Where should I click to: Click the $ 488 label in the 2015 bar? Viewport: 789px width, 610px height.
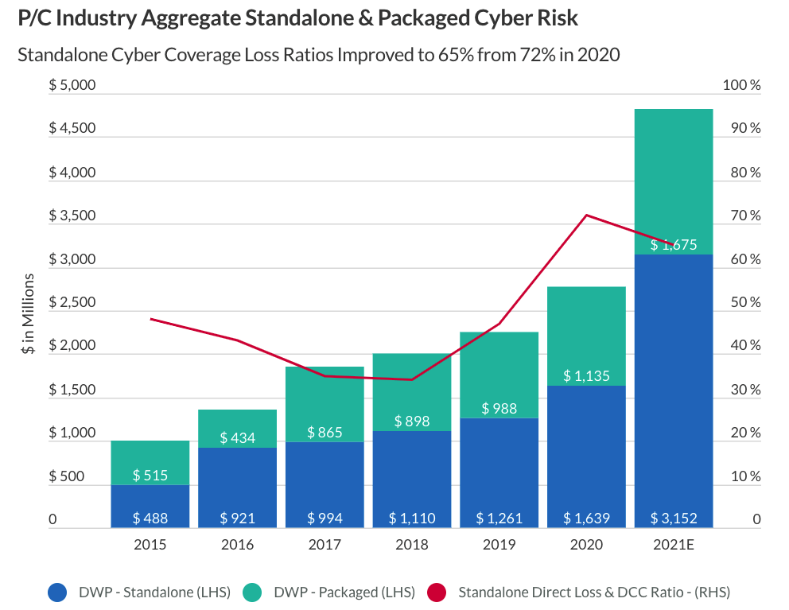click(x=150, y=519)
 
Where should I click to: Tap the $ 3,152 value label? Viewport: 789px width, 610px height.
click(x=674, y=519)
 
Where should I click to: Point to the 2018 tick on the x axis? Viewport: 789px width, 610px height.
click(x=412, y=545)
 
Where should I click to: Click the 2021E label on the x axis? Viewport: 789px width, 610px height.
click(x=674, y=545)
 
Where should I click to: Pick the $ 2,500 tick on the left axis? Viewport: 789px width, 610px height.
click(x=72, y=303)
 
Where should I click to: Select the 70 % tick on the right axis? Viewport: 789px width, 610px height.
click(x=740, y=216)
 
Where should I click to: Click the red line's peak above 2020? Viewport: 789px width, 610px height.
click(x=586, y=215)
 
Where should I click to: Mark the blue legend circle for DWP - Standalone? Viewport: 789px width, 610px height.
click(x=57, y=593)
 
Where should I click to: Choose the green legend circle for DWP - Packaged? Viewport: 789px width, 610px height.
click(x=251, y=593)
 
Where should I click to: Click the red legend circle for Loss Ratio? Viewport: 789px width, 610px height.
click(x=437, y=593)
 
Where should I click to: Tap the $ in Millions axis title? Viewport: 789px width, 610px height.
click(x=29, y=313)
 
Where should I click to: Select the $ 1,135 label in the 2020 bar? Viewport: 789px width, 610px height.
click(x=586, y=375)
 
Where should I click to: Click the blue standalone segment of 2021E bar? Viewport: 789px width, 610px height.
click(x=674, y=382)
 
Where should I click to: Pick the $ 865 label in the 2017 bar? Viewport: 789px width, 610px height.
click(x=325, y=433)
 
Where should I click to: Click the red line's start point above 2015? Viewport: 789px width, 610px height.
click(x=150, y=319)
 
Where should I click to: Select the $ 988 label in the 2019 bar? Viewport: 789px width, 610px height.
click(x=499, y=409)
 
